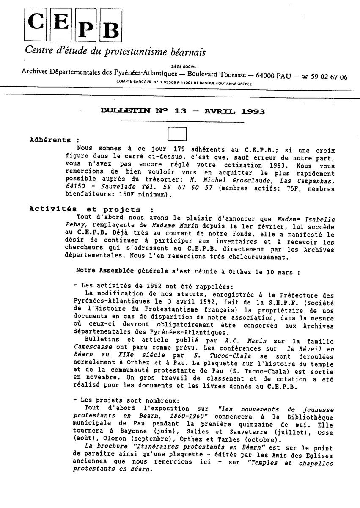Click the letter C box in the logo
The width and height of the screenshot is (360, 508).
36,23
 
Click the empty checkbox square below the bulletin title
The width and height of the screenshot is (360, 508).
177,134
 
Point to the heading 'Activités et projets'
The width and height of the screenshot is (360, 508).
86,209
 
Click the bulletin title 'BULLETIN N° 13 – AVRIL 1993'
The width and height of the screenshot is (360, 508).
183,112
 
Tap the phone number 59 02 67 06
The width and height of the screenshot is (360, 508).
329,77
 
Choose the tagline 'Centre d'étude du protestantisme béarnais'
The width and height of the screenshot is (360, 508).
115,52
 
